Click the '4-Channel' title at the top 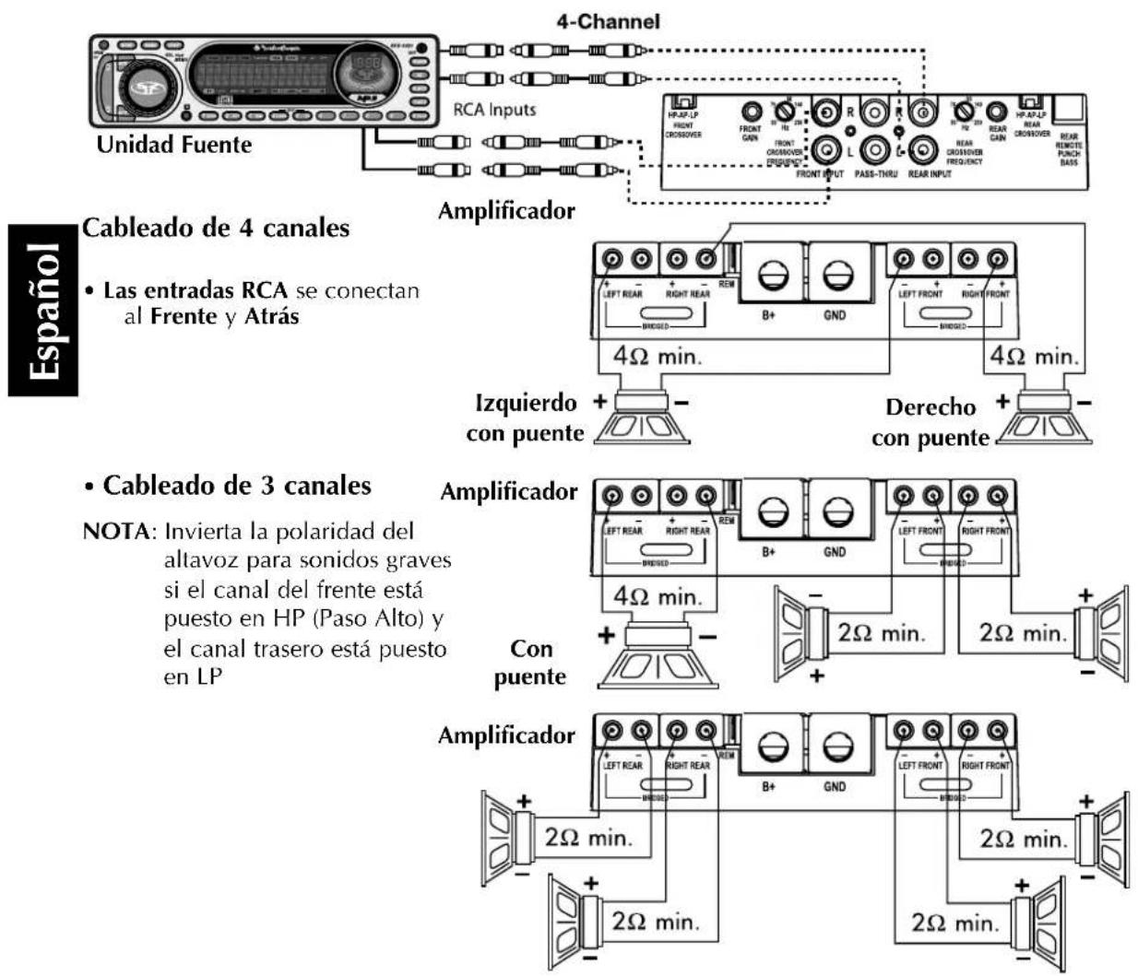(x=608, y=20)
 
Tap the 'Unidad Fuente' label (x=174, y=145)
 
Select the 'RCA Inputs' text (x=494, y=110)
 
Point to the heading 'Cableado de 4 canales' (x=216, y=228)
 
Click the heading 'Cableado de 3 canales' (x=236, y=485)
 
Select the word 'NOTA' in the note (x=114, y=532)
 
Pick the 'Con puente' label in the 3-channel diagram (x=530, y=663)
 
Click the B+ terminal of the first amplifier (x=772, y=274)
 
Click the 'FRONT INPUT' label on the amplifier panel (x=820, y=174)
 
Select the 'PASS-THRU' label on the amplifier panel (x=877, y=174)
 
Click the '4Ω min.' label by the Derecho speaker (x=1033, y=357)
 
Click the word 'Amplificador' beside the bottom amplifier (x=506, y=735)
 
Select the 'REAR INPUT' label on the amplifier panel (x=930, y=174)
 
